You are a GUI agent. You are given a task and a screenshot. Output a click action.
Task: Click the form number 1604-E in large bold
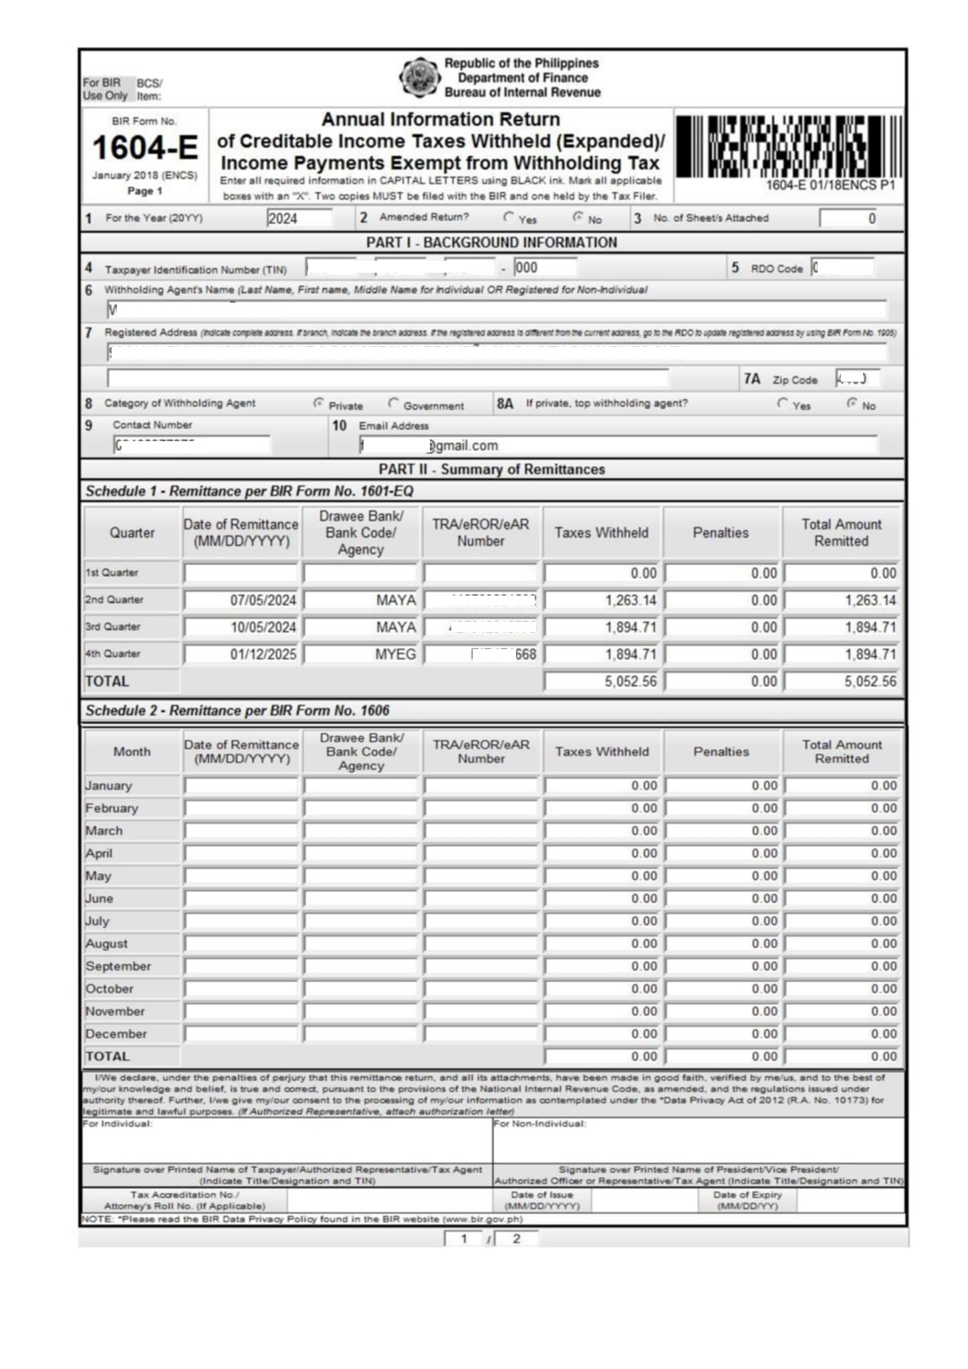pyautogui.click(x=145, y=148)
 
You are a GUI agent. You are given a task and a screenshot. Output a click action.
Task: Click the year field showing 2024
pyautogui.click(x=299, y=219)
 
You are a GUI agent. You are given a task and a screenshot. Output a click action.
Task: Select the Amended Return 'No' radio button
pyautogui.click(x=578, y=217)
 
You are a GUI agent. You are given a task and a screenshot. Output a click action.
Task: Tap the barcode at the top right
pyautogui.click(x=788, y=146)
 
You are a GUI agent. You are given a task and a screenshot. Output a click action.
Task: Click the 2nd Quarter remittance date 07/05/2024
pyautogui.click(x=241, y=600)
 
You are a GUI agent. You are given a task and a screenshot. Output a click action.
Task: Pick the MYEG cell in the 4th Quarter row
pyautogui.click(x=361, y=654)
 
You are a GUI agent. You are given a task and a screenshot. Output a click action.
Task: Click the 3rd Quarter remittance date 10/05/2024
pyautogui.click(x=241, y=628)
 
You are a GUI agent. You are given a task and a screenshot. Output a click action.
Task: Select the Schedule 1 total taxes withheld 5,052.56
pyautogui.click(x=602, y=682)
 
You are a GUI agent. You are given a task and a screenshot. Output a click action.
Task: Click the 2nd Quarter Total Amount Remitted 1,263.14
pyautogui.click(x=842, y=600)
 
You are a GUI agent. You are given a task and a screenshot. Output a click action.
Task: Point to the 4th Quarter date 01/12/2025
pyautogui.click(x=241, y=654)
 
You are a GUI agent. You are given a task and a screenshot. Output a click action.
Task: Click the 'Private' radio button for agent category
pyautogui.click(x=318, y=403)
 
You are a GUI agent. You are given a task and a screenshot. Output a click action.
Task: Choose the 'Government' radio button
pyautogui.click(x=393, y=403)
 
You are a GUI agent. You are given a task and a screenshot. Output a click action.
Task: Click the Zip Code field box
pyautogui.click(x=857, y=379)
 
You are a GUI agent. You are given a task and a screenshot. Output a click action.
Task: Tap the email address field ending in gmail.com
pyautogui.click(x=618, y=446)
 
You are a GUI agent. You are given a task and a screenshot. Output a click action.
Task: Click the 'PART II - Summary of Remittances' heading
pyautogui.click(x=491, y=469)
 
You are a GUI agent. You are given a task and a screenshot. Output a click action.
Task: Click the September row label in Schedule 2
pyautogui.click(x=118, y=967)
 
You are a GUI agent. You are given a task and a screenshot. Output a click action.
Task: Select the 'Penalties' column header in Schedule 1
pyautogui.click(x=721, y=533)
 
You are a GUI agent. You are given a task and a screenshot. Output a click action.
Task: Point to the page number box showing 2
pyautogui.click(x=516, y=1239)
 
